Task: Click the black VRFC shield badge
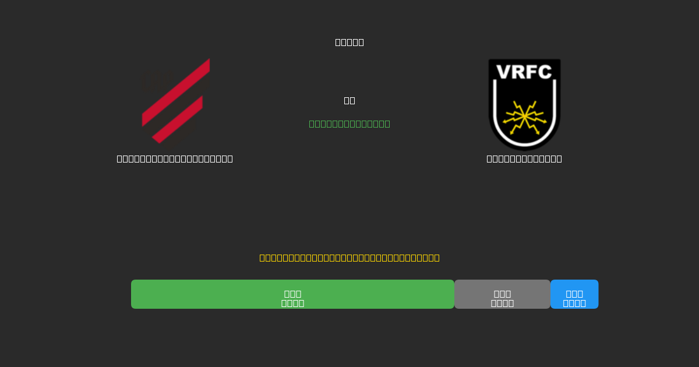pyautogui.click(x=524, y=104)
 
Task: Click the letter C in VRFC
pyautogui.click(x=545, y=72)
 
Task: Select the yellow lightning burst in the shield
pyautogui.click(x=524, y=117)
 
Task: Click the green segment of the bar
pyautogui.click(x=292, y=294)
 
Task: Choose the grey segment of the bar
pyautogui.click(x=502, y=294)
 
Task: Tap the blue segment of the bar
pyautogui.click(x=574, y=294)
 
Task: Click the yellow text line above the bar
pyautogui.click(x=349, y=257)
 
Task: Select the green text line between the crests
pyautogui.click(x=349, y=123)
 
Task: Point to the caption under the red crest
pyautogui.click(x=175, y=158)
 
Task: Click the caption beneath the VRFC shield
pyautogui.click(x=524, y=158)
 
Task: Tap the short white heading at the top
pyautogui.click(x=349, y=42)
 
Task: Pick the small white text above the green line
pyautogui.click(x=349, y=100)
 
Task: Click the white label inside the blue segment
pyautogui.click(x=574, y=298)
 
